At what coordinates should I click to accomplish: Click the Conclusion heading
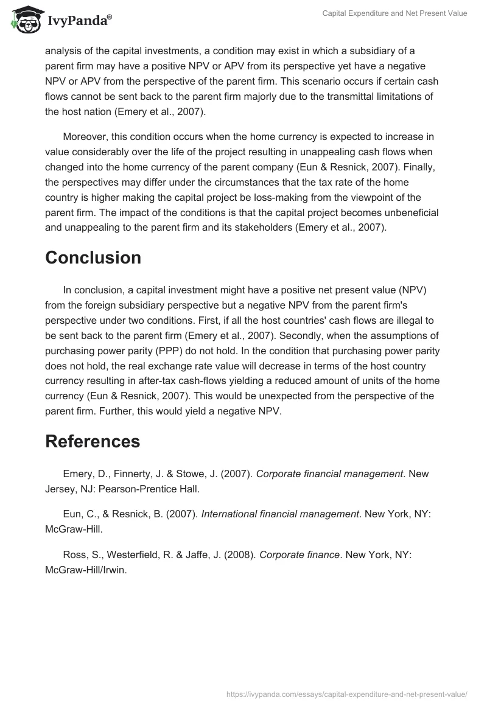93,257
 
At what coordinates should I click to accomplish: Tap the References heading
93,441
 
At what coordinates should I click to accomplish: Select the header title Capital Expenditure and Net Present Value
394,13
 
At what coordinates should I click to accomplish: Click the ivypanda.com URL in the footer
346,694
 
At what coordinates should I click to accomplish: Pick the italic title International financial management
279,514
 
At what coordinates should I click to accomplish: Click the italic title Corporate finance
299,554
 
